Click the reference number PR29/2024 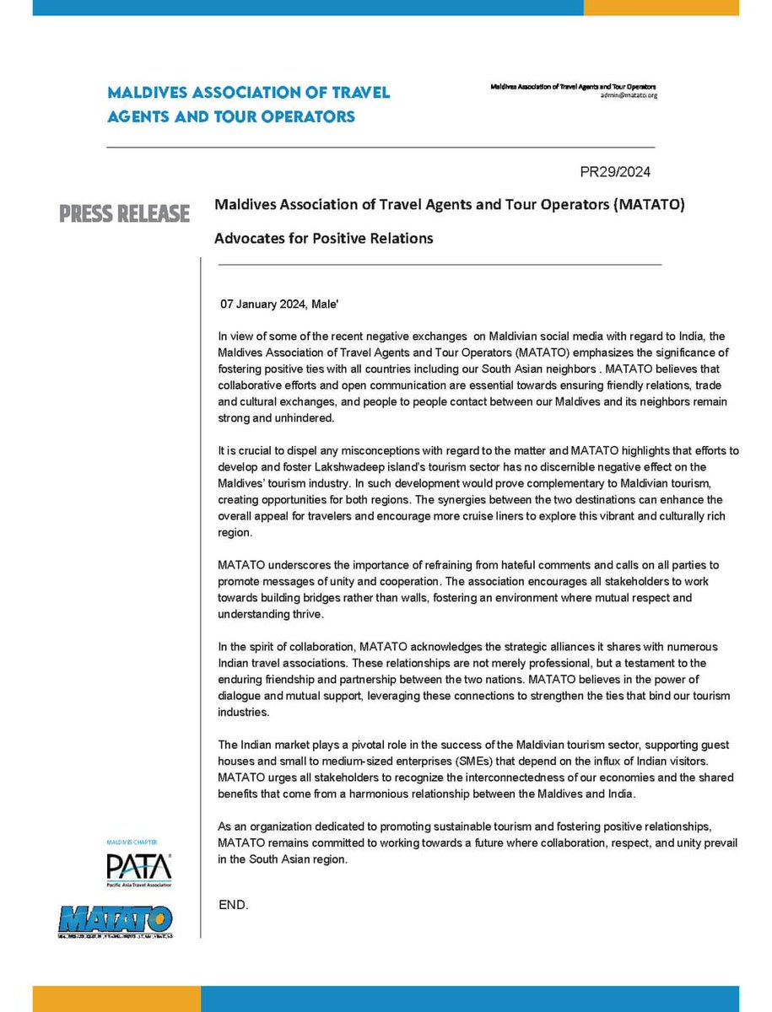pyautogui.click(x=614, y=172)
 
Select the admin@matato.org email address pyautogui.click(x=629, y=96)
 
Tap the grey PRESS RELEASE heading pyautogui.click(x=124, y=214)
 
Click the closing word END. pyautogui.click(x=234, y=905)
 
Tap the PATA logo pyautogui.click(x=138, y=869)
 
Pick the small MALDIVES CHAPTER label pyautogui.click(x=132, y=842)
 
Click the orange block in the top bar pyautogui.click(x=661, y=7)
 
